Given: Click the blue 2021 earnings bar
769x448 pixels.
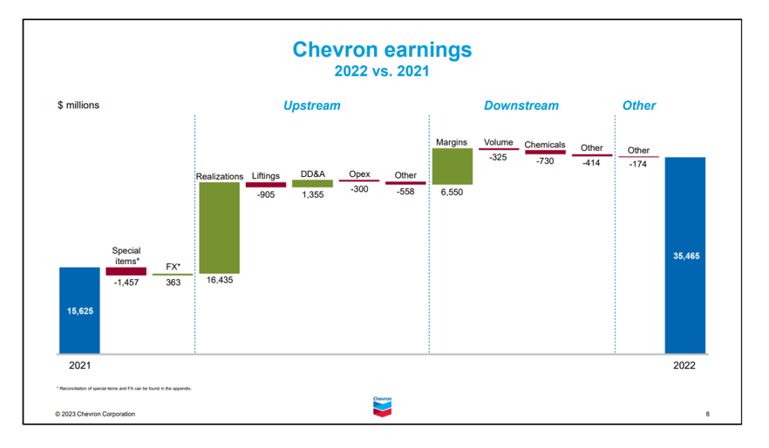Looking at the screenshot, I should pyautogui.click(x=79, y=309).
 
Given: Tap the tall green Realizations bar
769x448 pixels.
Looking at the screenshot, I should pyautogui.click(x=219, y=227).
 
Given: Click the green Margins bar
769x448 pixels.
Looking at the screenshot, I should pyautogui.click(x=452, y=166).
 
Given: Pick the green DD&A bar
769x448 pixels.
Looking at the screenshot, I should pyautogui.click(x=312, y=184).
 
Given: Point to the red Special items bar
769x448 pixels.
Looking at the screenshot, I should pyautogui.click(x=126, y=271).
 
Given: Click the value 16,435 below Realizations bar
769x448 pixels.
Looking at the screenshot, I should pyautogui.click(x=219, y=281).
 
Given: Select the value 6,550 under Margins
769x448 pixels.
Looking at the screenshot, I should pyautogui.click(x=452, y=192).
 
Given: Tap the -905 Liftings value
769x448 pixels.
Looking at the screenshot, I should pyautogui.click(x=266, y=195).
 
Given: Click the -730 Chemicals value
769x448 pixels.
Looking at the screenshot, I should pyautogui.click(x=545, y=161).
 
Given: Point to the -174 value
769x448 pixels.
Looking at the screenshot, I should pyautogui.click(x=638, y=164).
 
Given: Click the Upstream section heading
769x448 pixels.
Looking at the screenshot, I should pyautogui.click(x=311, y=105).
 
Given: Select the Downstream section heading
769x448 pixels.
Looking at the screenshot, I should pyautogui.click(x=521, y=105).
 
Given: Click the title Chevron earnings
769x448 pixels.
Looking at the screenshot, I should pyautogui.click(x=382, y=50).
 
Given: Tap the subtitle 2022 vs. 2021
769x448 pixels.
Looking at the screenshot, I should pyautogui.click(x=382, y=71).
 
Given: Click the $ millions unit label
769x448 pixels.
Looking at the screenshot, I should pyautogui.click(x=78, y=105).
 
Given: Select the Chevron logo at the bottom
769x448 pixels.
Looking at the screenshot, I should pyautogui.click(x=382, y=407).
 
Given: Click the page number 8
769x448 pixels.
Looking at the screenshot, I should pyautogui.click(x=707, y=414).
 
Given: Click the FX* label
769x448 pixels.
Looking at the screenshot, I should pyautogui.click(x=173, y=266).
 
